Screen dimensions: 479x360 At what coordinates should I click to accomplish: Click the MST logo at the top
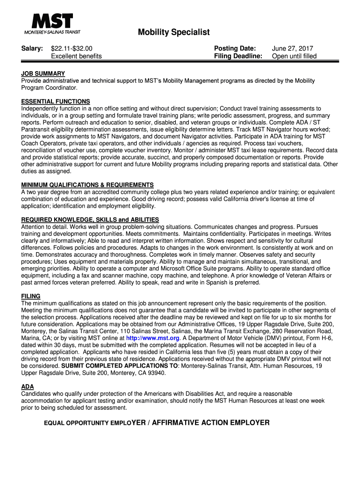[x=52, y=23]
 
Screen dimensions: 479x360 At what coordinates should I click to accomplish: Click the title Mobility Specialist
[x=173, y=32]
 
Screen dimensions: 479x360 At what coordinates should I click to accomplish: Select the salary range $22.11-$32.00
[x=72, y=49]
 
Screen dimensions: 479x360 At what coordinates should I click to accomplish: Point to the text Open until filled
[x=294, y=56]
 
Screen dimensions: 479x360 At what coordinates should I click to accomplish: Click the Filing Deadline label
[x=238, y=56]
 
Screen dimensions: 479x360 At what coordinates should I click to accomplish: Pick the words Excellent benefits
[x=76, y=56]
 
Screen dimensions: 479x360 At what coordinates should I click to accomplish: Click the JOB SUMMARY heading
[x=43, y=74]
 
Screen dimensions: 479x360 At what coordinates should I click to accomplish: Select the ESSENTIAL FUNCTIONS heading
[x=56, y=102]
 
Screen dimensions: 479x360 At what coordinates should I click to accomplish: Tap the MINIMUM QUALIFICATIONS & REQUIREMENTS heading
[x=87, y=185]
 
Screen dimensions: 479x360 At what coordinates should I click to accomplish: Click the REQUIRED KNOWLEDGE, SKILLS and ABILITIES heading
[x=90, y=219]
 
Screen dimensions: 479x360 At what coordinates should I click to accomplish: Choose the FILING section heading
[x=31, y=296]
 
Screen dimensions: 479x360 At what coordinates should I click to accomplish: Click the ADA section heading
[x=28, y=387]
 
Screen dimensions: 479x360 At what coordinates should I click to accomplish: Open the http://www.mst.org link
[x=153, y=338]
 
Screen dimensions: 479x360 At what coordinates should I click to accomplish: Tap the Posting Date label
[x=235, y=49]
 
